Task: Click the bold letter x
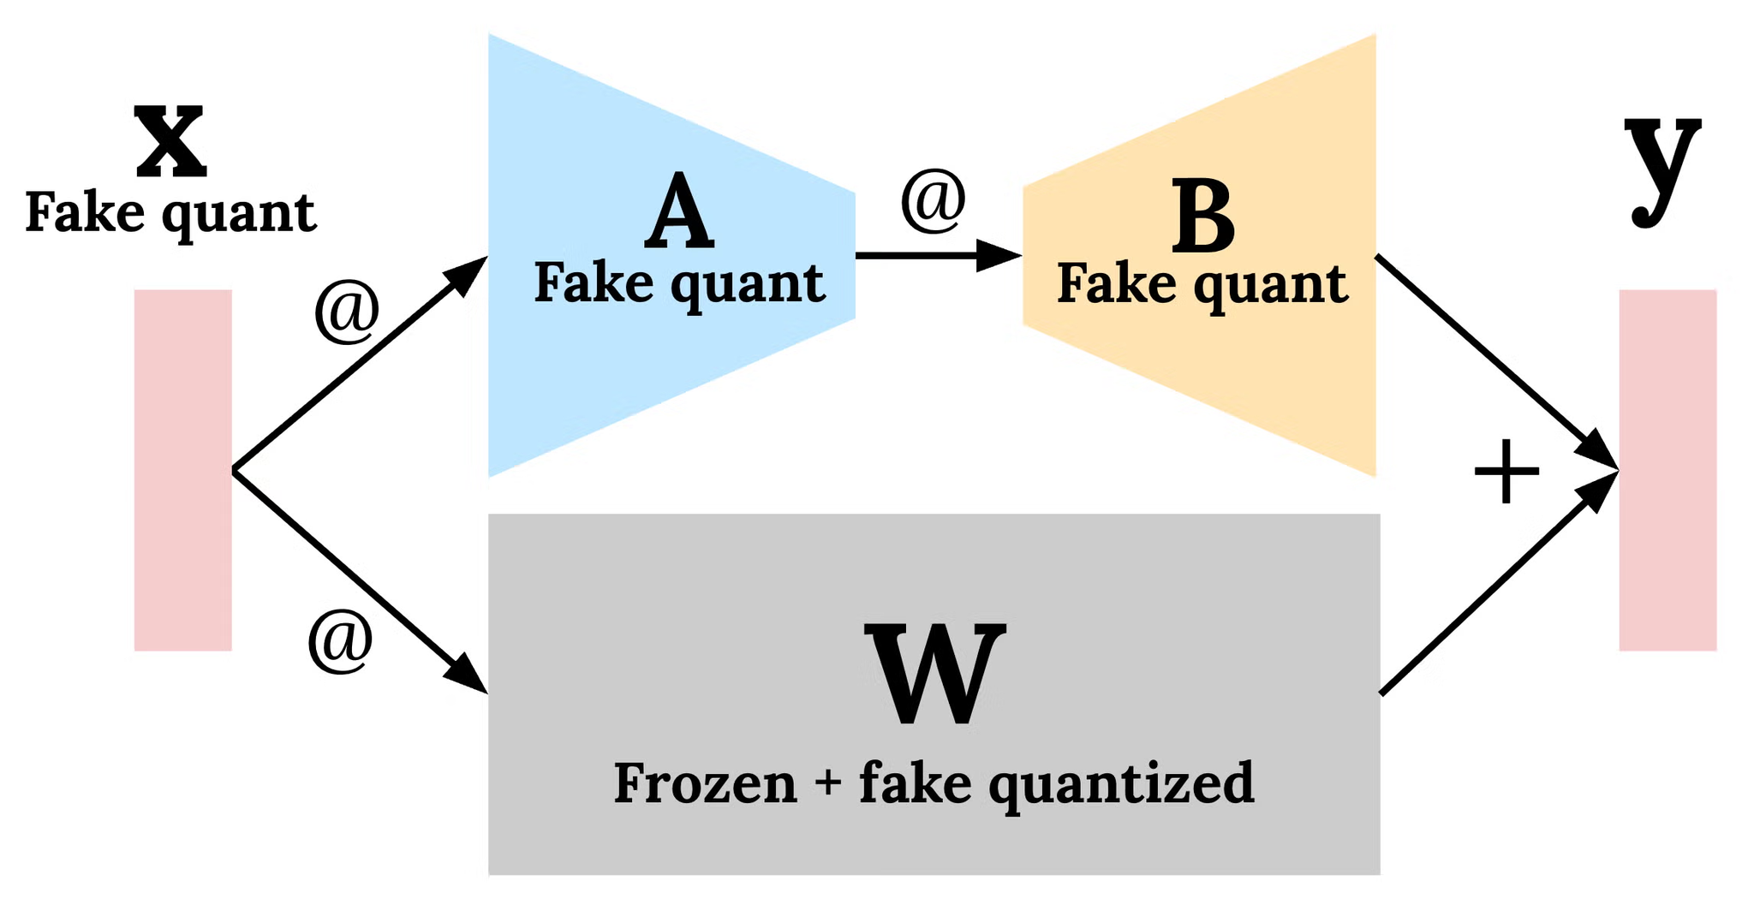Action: coord(170,141)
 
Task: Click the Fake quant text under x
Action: coord(170,212)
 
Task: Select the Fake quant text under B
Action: coord(1202,284)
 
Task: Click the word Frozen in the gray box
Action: coord(705,782)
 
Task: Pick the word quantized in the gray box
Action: coord(1122,784)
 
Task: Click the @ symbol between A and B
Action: coord(933,201)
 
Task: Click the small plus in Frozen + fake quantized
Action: coord(828,784)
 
